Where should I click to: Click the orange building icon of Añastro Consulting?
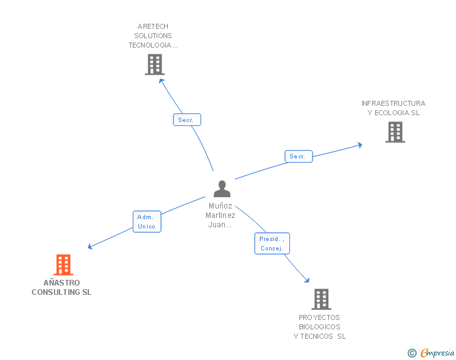click(x=63, y=265)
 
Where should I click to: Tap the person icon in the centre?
click(x=222, y=188)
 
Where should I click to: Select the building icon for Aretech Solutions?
click(x=154, y=64)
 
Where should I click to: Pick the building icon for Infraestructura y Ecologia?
click(x=395, y=132)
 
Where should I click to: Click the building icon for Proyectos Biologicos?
click(x=321, y=299)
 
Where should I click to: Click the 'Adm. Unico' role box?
click(x=147, y=222)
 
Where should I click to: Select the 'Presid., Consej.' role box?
click(x=272, y=243)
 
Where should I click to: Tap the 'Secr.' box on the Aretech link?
click(x=187, y=120)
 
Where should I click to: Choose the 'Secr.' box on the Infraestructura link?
click(x=298, y=157)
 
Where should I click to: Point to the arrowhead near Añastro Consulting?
click(x=90, y=247)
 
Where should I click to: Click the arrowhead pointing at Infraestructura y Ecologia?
click(x=359, y=145)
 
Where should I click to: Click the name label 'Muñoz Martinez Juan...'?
click(x=220, y=215)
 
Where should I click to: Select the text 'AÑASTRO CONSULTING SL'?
click(x=61, y=287)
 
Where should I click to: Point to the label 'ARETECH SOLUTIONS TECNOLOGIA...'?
click(x=153, y=36)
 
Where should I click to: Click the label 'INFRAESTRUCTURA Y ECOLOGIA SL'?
click(x=393, y=108)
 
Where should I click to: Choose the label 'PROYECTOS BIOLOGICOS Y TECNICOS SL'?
click(x=319, y=327)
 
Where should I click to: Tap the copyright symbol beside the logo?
click(x=412, y=353)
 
